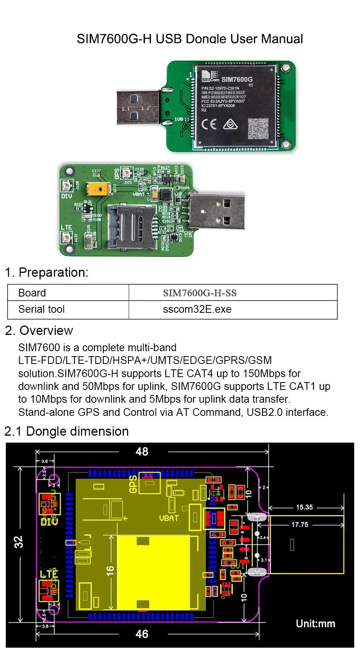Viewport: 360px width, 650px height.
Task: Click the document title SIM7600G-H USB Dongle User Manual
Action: tap(190, 39)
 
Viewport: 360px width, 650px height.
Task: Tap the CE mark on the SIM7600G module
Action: tap(209, 124)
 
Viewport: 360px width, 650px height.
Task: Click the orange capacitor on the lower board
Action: tap(99, 189)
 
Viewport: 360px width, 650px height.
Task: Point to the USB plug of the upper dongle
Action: tap(138, 107)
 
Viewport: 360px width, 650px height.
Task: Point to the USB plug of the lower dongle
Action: tap(217, 211)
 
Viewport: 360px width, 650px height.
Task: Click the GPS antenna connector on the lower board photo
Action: tap(126, 173)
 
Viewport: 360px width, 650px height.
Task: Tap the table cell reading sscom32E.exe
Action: tap(197, 309)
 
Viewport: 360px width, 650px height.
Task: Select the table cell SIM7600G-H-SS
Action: tap(200, 293)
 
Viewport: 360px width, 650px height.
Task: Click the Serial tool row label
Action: tap(41, 309)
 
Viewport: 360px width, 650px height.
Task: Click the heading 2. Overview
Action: tap(39, 331)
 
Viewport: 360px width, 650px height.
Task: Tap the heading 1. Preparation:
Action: tap(46, 272)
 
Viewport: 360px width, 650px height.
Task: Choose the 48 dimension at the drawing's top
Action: tap(142, 452)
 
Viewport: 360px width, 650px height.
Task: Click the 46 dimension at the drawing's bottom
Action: tap(142, 634)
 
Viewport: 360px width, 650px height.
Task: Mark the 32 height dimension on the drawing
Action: tap(19, 541)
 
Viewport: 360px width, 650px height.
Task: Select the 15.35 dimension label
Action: tap(304, 507)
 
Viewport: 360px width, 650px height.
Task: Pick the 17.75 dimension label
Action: tap(300, 525)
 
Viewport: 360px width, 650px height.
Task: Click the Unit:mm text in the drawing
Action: tap(315, 624)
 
